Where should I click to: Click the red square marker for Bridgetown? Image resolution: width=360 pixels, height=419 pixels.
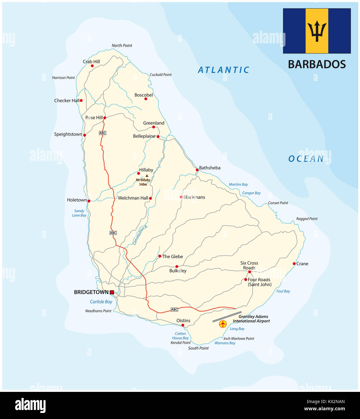112,292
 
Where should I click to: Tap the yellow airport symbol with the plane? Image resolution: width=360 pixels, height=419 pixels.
223,324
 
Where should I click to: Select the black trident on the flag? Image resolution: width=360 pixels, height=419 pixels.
317,31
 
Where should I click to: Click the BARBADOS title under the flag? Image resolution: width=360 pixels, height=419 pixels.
317,64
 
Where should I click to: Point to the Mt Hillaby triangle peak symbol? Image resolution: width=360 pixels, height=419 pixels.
147,176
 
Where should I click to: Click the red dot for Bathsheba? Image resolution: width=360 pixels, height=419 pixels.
197,170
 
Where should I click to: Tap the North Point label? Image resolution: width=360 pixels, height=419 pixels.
122,46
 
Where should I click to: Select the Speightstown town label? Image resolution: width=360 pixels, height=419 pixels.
68,134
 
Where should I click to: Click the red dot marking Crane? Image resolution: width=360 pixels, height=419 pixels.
294,264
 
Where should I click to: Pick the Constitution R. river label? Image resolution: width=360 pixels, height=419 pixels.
141,235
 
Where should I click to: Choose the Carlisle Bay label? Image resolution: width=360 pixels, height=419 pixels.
101,302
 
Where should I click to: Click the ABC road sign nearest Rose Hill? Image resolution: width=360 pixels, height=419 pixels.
103,133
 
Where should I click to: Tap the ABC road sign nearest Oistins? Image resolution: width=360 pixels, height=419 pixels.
174,310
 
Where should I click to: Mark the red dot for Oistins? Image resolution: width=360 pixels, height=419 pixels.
183,325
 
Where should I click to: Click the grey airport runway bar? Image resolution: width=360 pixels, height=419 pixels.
227,317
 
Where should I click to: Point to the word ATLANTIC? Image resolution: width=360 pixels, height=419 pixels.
224,70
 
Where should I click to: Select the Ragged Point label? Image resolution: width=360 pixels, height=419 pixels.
307,219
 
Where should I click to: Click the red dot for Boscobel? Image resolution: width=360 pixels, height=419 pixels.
146,99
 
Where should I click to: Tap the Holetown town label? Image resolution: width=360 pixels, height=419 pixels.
77,200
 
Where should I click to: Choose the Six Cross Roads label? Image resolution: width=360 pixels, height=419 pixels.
249,266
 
